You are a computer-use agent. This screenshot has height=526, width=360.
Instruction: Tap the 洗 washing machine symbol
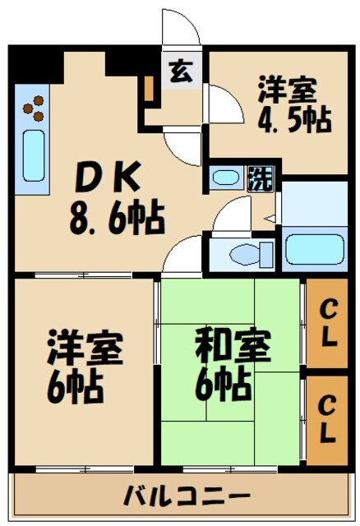click(x=257, y=178)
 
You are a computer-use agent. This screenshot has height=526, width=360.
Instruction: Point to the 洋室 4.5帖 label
click(x=293, y=104)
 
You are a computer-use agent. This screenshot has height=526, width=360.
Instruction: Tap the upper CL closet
click(x=327, y=325)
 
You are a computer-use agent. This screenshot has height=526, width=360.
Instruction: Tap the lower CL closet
click(x=327, y=418)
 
